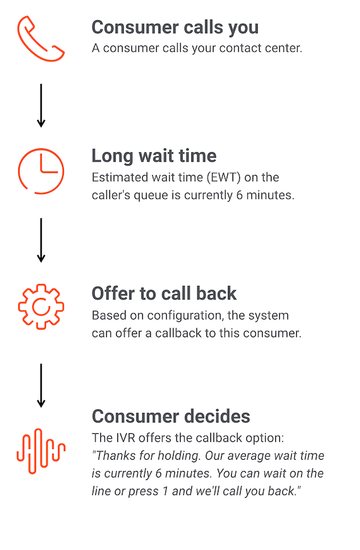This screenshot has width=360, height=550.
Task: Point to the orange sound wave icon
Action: (x=42, y=451)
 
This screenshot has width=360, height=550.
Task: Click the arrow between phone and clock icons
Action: (x=41, y=105)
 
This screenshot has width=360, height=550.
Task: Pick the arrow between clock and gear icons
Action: (x=41, y=241)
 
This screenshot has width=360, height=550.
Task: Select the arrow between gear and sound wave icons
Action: (x=41, y=385)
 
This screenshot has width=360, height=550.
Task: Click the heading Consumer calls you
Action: (x=175, y=28)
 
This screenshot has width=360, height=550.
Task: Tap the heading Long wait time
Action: (x=154, y=157)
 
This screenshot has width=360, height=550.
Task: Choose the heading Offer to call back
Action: (x=164, y=294)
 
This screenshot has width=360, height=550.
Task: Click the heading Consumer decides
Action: (x=171, y=416)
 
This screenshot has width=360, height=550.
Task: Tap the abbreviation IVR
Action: (x=125, y=438)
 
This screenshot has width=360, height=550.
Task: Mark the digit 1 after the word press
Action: (x=165, y=491)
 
